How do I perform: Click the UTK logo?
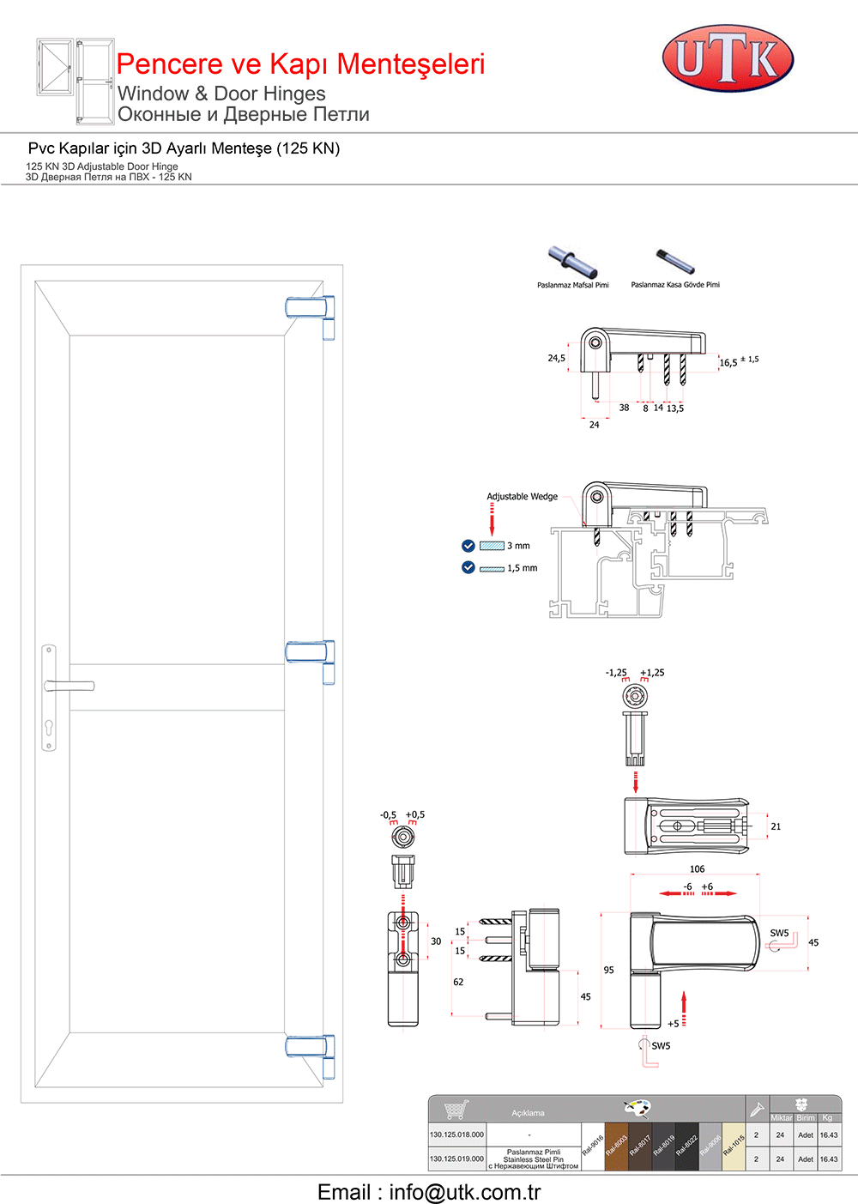click(728, 58)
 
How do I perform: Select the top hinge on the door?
click(310, 308)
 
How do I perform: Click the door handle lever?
click(70, 686)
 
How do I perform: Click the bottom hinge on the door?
click(310, 1046)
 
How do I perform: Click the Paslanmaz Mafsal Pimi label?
click(572, 285)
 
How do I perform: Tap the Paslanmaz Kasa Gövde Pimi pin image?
click(675, 258)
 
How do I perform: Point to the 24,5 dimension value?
click(556, 359)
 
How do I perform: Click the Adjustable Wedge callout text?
click(522, 497)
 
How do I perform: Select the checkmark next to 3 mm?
click(468, 546)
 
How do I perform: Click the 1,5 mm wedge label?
click(522, 568)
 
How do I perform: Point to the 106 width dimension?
click(697, 869)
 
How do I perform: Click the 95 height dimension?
click(608, 971)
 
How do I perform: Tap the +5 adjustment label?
click(674, 1024)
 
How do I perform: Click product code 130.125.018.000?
click(457, 1134)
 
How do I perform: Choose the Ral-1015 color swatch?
click(734, 1147)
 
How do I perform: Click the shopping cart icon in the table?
click(456, 1109)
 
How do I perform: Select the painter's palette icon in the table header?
click(637, 1107)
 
